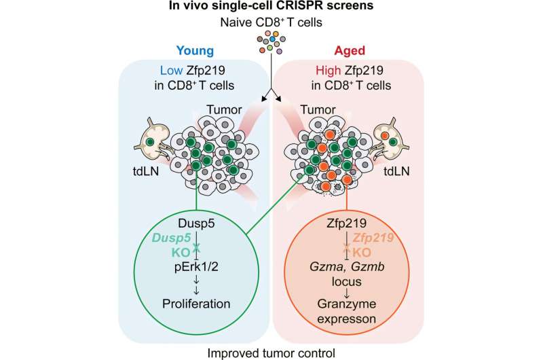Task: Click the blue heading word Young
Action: click(x=195, y=51)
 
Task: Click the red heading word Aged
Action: click(x=350, y=51)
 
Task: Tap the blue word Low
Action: click(x=171, y=71)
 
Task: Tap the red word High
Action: click(x=328, y=71)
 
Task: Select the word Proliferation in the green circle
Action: click(x=196, y=304)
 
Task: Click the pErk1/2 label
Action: click(x=196, y=267)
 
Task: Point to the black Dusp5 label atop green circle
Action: click(x=196, y=223)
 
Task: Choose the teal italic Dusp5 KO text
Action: click(x=172, y=245)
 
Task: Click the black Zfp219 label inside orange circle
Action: click(x=346, y=223)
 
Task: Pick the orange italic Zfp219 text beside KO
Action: click(x=373, y=238)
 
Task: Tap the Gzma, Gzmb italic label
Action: click(x=347, y=266)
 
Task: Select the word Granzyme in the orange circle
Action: click(x=347, y=304)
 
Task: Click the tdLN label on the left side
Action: click(x=146, y=170)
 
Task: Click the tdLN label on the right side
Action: click(x=396, y=170)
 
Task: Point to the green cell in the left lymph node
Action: click(x=150, y=142)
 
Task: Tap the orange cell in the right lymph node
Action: click(x=384, y=135)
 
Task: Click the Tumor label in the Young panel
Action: click(x=225, y=110)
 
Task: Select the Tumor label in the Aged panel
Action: click(x=318, y=110)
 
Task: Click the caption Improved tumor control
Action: click(x=271, y=353)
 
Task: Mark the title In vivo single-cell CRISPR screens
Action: click(x=271, y=5)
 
